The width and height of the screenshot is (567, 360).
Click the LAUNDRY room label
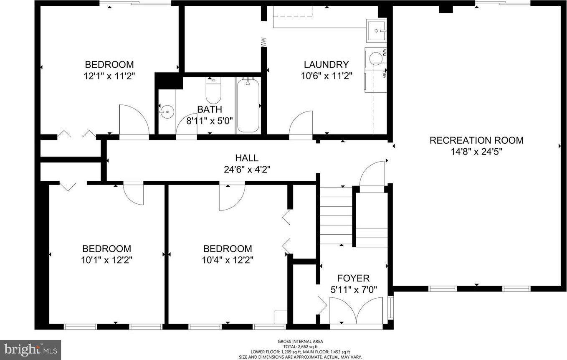pos(326,65)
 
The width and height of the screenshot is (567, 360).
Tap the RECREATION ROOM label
pos(477,140)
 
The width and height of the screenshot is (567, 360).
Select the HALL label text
pos(247,158)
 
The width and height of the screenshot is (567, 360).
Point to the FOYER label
pos(353,278)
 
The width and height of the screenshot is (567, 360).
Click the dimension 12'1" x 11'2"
pos(109,76)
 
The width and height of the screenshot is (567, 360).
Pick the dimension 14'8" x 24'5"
pos(477,152)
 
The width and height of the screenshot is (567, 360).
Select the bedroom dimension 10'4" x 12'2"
pos(228,260)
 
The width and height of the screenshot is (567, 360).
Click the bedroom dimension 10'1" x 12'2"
pos(106,260)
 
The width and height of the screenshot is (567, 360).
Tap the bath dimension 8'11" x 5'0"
pos(209,121)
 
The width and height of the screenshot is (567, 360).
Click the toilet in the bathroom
pos(213,91)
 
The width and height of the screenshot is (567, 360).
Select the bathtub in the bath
pos(248,105)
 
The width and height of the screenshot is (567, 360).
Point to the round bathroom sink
pos(167,112)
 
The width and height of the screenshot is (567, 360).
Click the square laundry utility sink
pos(376,30)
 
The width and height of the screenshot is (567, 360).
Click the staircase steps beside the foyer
pos(336,216)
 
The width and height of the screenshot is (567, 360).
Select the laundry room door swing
pos(301,124)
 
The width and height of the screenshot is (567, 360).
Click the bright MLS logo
pos(30,350)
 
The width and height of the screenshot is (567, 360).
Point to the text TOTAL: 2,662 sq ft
pos(301,347)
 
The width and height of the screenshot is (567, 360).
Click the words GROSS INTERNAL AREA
pos(301,342)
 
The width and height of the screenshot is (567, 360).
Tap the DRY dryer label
pos(384,74)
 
